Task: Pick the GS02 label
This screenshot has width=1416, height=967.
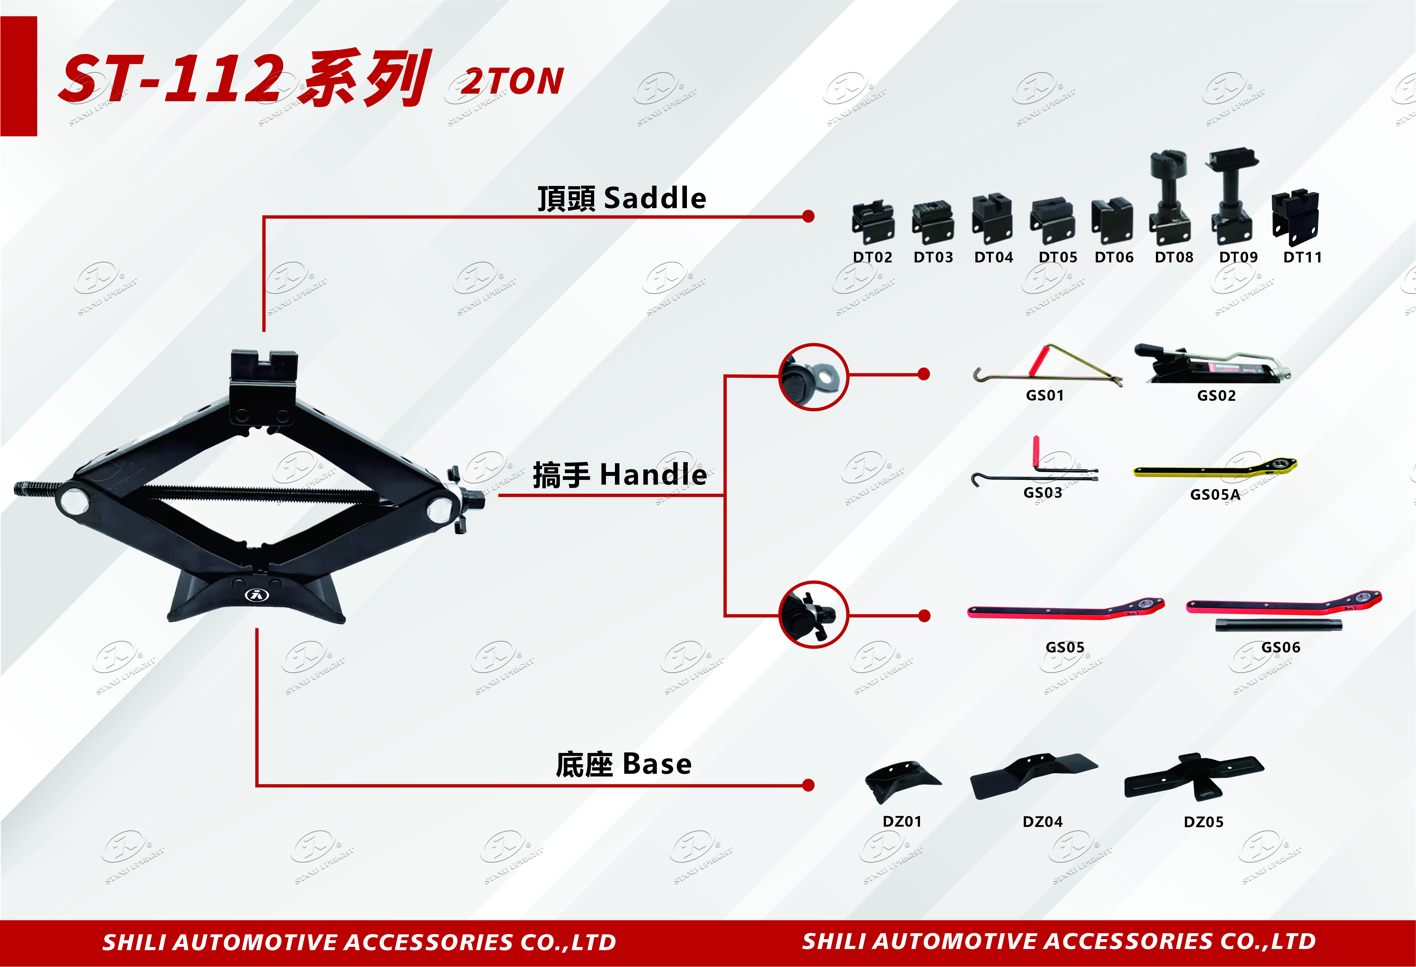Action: [x=1216, y=395]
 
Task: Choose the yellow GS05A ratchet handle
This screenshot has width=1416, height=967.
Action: [x=1215, y=468]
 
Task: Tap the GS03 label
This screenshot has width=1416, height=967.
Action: [x=1043, y=492]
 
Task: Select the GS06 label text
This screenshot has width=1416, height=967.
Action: [x=1281, y=647]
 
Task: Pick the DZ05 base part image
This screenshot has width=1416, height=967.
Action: [x=1194, y=777]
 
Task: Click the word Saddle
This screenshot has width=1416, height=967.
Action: [x=655, y=199]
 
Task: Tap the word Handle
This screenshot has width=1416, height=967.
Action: [x=653, y=475]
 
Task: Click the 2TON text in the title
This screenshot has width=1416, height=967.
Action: [x=512, y=81]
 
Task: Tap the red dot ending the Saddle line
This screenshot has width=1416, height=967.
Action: [x=809, y=216]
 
